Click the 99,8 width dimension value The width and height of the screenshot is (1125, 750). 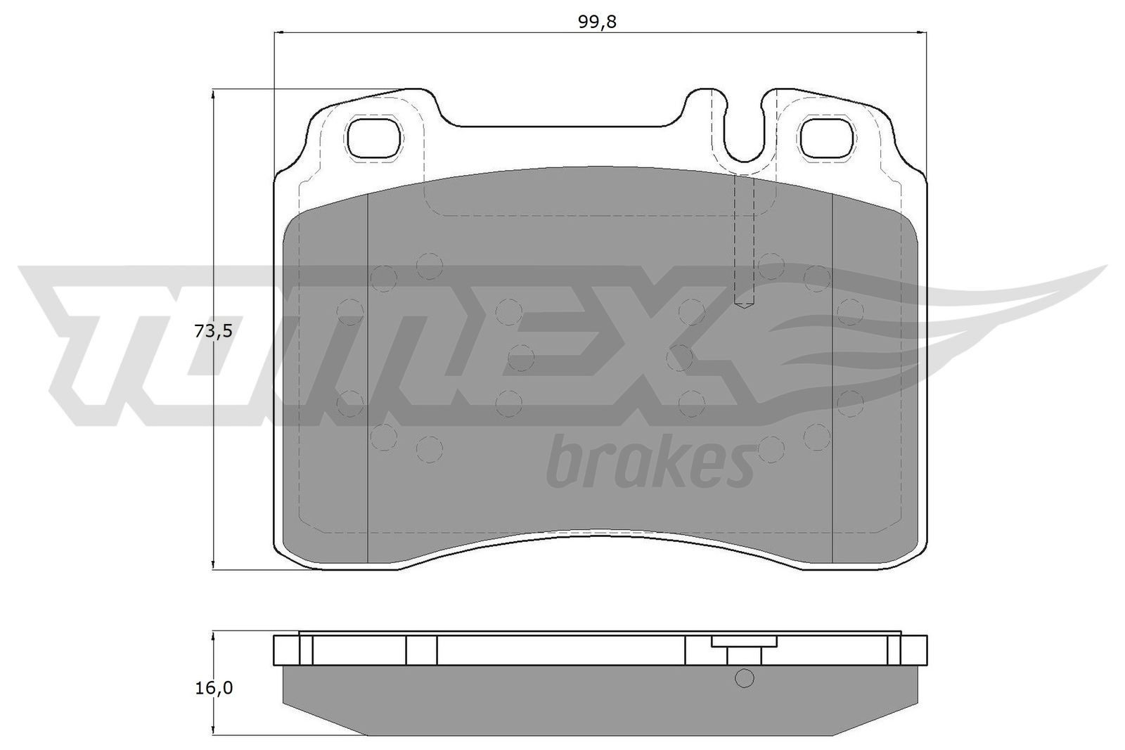pos(597,22)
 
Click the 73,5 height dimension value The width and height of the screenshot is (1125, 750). pos(212,331)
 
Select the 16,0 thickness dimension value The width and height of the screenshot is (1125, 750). pos(212,687)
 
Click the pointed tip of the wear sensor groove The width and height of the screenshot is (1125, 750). pos(744,304)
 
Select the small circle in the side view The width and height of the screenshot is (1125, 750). pos(744,678)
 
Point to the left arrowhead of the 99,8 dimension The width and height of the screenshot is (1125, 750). pos(276,32)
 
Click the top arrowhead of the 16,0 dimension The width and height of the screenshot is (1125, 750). pos(212,635)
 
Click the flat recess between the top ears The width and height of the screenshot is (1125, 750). pos(559,127)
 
